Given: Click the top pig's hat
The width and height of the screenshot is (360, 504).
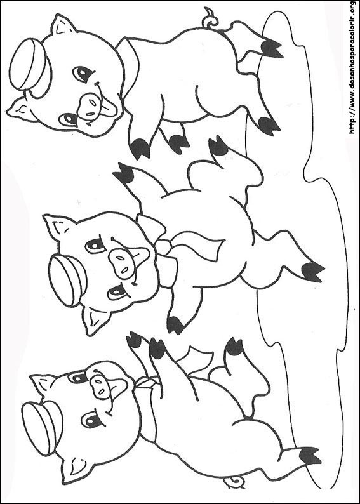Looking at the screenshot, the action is [30, 66].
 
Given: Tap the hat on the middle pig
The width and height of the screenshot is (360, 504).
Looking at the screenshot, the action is [67, 279].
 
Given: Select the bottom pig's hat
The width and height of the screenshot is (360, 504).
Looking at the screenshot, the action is [43, 427].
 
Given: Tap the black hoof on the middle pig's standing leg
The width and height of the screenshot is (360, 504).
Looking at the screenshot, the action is [312, 272].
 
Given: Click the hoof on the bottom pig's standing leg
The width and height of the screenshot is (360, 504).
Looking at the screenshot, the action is [310, 456].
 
